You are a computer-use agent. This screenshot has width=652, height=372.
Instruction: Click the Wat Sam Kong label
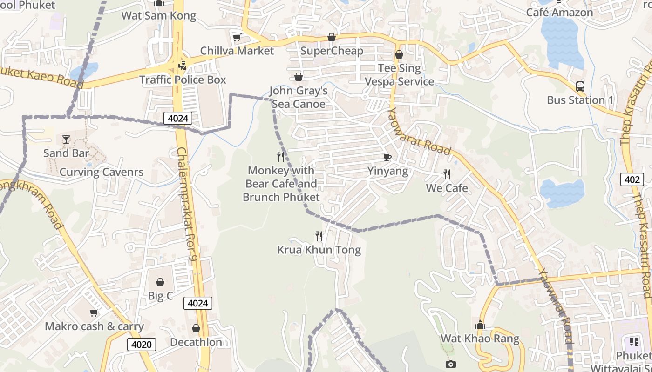(158, 16)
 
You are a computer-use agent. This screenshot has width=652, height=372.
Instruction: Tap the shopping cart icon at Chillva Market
(237, 37)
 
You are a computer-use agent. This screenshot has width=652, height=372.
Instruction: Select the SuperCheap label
(332, 51)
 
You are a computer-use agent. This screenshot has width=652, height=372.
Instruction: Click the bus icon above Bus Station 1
(580, 86)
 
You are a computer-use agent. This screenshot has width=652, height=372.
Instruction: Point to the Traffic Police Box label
(183, 80)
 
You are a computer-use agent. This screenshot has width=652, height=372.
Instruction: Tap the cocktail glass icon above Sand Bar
(66, 139)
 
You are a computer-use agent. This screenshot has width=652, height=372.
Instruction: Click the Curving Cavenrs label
(102, 172)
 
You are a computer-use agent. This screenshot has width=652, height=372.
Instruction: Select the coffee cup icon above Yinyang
(387, 157)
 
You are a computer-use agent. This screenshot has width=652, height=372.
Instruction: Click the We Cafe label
(447, 188)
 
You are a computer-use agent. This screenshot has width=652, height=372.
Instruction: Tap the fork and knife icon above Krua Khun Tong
(319, 236)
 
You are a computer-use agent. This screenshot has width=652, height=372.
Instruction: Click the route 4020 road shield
(142, 345)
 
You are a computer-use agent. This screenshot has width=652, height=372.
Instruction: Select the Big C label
(160, 296)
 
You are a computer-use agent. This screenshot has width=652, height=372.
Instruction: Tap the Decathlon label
(196, 342)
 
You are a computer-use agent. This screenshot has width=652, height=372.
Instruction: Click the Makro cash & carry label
(94, 326)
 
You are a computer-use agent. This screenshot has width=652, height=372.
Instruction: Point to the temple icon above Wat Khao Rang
(480, 325)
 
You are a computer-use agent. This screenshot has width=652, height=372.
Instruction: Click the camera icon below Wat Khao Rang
(450, 364)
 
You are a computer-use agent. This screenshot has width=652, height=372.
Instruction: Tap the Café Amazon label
(559, 13)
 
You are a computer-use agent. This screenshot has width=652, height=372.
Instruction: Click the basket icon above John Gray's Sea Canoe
(298, 77)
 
